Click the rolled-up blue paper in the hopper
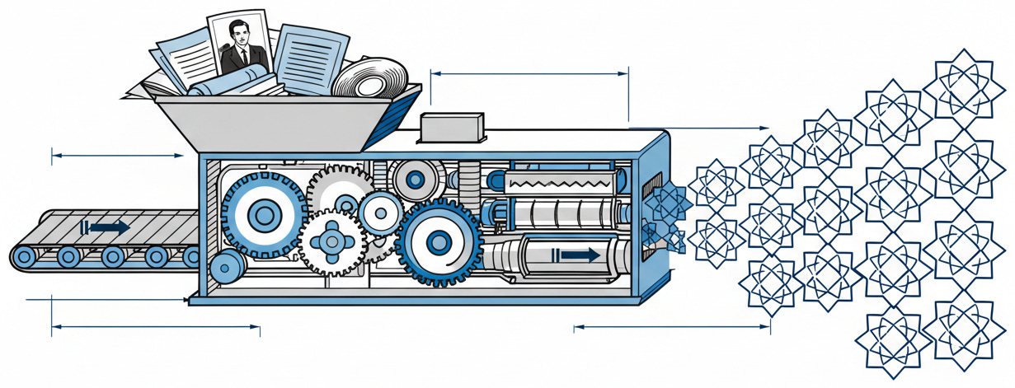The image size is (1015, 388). [x=231, y=81]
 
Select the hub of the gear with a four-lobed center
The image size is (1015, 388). [x=333, y=241]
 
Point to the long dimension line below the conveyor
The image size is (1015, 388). [x=156, y=329]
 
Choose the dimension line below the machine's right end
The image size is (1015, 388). [x=672, y=327]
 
